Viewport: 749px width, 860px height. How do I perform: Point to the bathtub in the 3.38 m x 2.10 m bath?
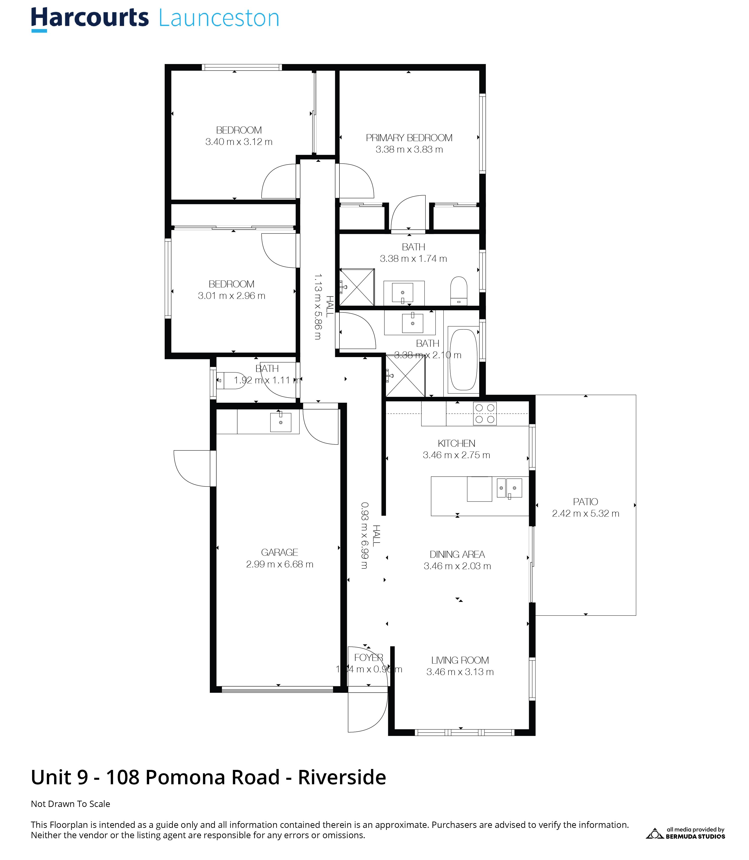point(463,360)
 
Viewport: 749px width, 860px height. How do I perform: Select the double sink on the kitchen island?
point(509,488)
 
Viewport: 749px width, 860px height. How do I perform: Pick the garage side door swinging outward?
point(191,468)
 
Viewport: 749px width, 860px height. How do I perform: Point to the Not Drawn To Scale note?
point(70,804)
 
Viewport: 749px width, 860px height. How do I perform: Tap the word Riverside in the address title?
point(342,777)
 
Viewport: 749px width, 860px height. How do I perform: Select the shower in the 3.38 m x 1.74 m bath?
point(357,287)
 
